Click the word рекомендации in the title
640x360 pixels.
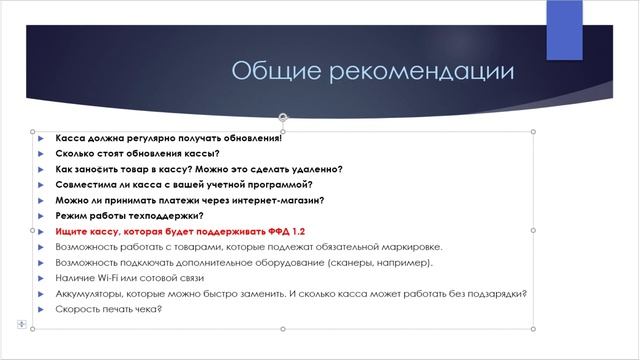click(418, 72)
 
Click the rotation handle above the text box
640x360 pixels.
click(283, 117)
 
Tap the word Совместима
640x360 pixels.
click(87, 185)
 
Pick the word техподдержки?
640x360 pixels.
click(164, 216)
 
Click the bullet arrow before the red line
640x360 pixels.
click(41, 231)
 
